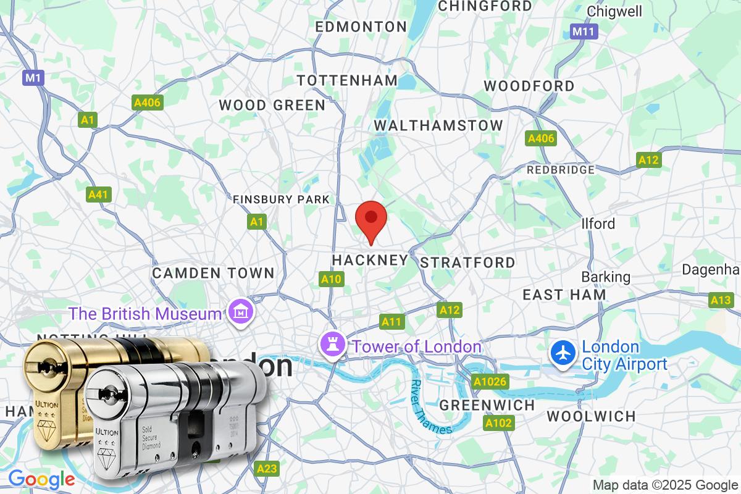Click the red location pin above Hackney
[371, 219]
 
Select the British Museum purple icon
[238, 312]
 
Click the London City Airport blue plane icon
[563, 354]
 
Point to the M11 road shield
[582, 31]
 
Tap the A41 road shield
[98, 195]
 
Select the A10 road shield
[331, 280]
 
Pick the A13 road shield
[721, 300]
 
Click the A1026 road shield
[490, 382]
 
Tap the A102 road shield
[498, 423]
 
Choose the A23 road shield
[267, 469]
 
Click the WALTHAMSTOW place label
[438, 125]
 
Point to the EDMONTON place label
[361, 27]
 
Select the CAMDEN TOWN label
[213, 272]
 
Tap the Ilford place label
[598, 223]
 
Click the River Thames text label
[430, 406]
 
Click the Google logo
[41, 479]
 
